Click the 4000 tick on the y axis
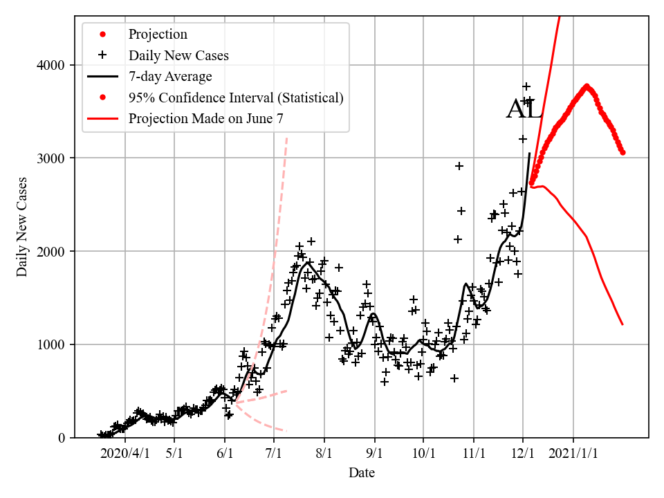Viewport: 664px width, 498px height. tap(51, 66)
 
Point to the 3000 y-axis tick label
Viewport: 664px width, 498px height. tap(51, 158)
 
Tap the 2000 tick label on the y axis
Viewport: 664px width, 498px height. tap(51, 252)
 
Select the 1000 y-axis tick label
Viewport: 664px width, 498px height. tap(51, 344)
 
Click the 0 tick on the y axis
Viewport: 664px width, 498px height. tap(62, 438)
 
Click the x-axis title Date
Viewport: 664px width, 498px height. tap(362, 473)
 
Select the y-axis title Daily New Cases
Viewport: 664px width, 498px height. tap(22, 228)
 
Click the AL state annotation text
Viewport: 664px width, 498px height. tap(524, 110)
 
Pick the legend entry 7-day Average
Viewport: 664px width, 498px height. tap(170, 76)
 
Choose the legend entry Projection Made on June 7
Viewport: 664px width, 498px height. tap(205, 119)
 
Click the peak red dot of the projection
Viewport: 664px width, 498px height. tap(587, 86)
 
